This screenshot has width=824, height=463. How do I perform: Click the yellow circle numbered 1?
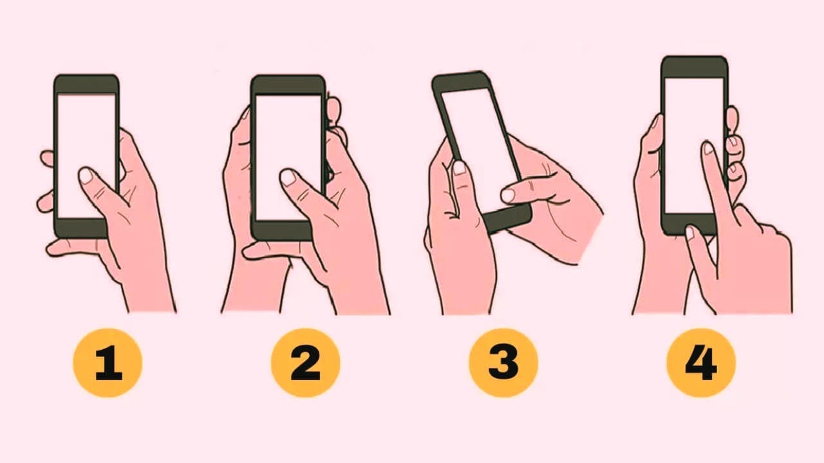108,363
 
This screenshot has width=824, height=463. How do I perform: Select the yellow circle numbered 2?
305,363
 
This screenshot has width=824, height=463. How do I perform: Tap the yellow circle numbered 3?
503,363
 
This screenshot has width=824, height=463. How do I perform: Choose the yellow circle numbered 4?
701,363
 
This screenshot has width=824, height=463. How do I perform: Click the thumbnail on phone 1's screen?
87,176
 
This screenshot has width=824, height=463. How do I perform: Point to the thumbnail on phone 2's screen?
288,177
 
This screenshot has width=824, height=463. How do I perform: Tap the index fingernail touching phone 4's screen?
709,148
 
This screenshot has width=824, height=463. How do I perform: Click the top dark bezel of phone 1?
86,84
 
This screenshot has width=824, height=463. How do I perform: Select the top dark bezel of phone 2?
288,86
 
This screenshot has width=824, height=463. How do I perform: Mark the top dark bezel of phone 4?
695,67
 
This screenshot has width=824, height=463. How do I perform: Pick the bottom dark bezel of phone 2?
282,231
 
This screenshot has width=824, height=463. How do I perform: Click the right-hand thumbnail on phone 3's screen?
508,195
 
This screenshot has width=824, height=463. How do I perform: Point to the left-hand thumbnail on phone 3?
460,168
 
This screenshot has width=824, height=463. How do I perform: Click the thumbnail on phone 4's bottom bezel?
690,233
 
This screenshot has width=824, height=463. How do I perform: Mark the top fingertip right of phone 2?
334,109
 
